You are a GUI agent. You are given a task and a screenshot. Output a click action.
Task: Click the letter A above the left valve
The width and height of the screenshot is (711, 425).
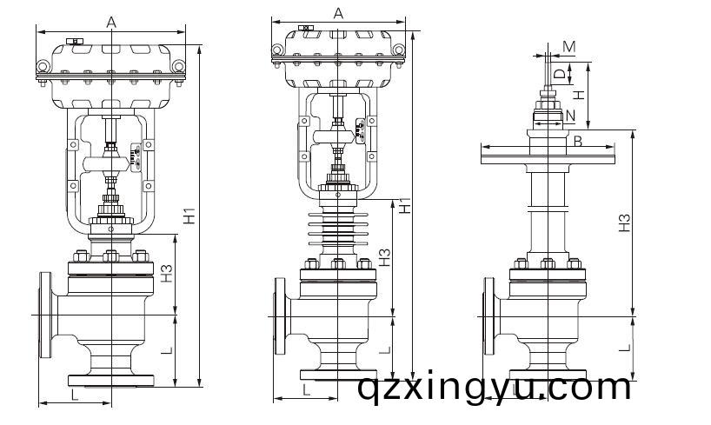111,22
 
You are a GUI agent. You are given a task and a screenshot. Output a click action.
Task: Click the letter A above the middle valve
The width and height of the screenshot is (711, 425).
338,14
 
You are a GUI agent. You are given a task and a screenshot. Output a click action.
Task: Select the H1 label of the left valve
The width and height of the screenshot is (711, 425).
189,216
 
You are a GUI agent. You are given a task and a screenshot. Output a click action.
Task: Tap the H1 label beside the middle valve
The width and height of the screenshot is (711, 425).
405,205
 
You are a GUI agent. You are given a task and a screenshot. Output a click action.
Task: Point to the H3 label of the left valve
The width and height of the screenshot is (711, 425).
167,274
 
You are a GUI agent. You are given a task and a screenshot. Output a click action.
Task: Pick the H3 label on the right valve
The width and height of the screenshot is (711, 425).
624,222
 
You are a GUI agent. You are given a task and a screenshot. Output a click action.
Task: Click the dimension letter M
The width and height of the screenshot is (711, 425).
569,47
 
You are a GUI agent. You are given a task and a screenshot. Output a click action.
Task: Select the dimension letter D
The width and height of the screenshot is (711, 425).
561,74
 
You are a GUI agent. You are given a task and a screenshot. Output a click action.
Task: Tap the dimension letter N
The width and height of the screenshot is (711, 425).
570,116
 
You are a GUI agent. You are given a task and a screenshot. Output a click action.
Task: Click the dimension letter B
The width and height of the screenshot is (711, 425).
578,142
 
